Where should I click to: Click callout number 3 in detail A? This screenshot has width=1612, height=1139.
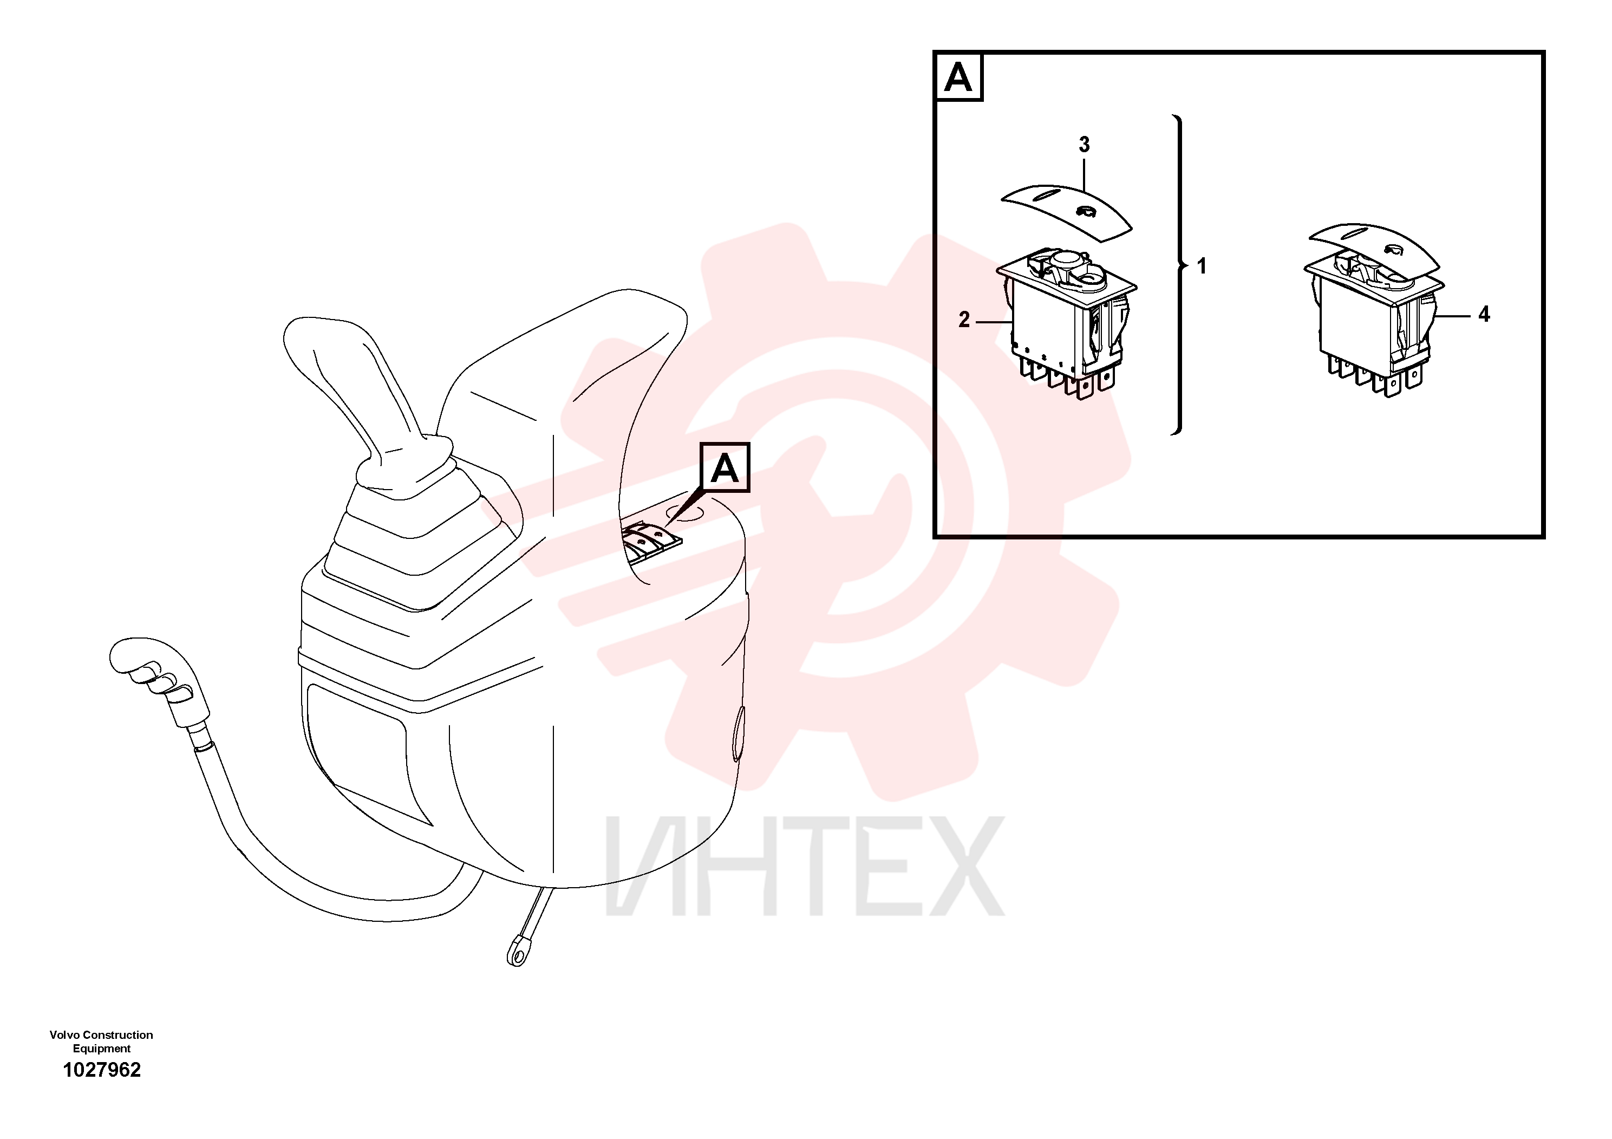pyautogui.click(x=1084, y=145)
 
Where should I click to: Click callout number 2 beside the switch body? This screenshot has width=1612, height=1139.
pyautogui.click(x=964, y=320)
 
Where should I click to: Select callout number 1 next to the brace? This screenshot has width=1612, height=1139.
pyautogui.click(x=1201, y=266)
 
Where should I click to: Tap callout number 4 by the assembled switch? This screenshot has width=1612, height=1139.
pyautogui.click(x=1484, y=315)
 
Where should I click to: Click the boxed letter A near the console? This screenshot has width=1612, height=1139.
pyautogui.click(x=725, y=468)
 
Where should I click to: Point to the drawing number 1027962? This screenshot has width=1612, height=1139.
pyautogui.click(x=102, y=1070)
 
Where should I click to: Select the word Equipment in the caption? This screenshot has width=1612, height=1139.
pyautogui.click(x=102, y=1049)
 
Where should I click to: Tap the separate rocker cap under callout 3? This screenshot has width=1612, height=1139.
pyautogui.click(x=1067, y=211)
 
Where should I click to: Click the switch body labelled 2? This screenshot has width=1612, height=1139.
pyautogui.click(x=1067, y=323)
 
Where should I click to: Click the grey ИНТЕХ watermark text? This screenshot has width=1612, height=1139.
pyautogui.click(x=805, y=866)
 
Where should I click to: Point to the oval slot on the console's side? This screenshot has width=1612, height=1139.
pyautogui.click(x=737, y=733)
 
